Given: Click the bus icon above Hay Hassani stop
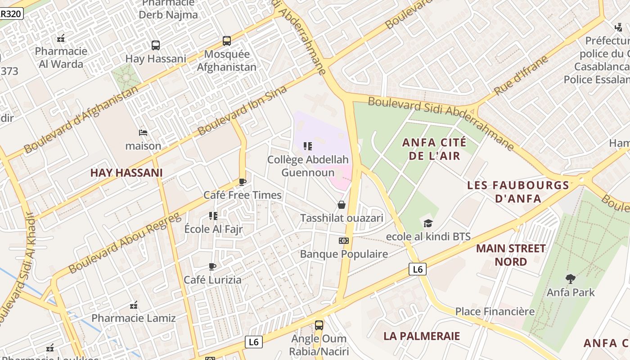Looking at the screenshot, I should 156,45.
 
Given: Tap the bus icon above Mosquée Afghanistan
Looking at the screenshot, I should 227,41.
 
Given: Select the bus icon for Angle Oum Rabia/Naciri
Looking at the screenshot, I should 319,325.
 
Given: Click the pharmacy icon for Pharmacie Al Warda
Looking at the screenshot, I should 61,38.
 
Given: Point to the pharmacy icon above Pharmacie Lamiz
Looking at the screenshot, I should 134,305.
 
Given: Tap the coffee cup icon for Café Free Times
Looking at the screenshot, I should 242,182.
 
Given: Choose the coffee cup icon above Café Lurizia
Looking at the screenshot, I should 212,266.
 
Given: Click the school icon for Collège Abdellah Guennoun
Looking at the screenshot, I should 308,146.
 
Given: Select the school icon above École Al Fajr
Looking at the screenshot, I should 213,216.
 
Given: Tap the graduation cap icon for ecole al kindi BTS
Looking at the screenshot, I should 428,223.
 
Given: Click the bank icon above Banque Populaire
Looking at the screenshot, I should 344,241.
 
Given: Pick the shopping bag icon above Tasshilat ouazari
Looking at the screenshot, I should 342,205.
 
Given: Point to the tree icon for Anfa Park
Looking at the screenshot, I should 570,279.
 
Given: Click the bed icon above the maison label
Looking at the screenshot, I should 143,133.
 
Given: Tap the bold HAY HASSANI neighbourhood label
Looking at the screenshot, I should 126,173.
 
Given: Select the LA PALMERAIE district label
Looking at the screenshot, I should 422,336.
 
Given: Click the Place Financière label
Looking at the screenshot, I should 495,311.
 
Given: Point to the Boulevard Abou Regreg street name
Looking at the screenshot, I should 125,243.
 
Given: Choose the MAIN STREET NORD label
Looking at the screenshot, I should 511,255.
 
